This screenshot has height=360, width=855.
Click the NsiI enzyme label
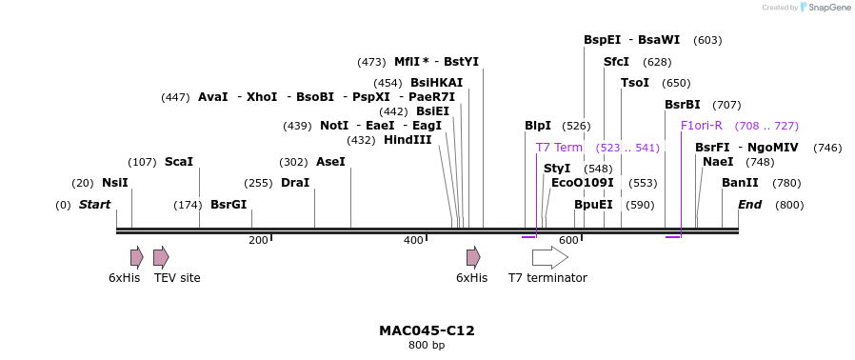pyautogui.click(x=114, y=183)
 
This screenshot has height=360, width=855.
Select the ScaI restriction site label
pyautogui.click(x=178, y=162)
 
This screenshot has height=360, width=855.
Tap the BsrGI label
pyautogui.click(x=229, y=205)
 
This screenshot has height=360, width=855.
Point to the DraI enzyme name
pyautogui.click(x=295, y=183)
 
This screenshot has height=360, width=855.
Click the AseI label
pyautogui.click(x=330, y=162)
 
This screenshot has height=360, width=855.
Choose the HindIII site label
pyautogui.click(x=408, y=140)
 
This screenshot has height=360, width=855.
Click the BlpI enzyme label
pyautogui.click(x=538, y=126)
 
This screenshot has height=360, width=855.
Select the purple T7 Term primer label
pyautogui.click(x=559, y=148)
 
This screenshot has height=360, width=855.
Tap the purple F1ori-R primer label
pyautogui.click(x=702, y=126)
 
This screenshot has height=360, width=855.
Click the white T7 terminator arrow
pyautogui.click(x=549, y=257)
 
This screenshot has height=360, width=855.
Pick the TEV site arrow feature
pyautogui.click(x=161, y=257)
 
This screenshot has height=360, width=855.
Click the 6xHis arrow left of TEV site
pyautogui.click(x=137, y=257)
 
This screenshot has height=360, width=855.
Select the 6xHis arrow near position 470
pyautogui.click(x=473, y=257)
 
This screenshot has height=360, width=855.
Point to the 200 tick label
pyautogui.click(x=258, y=241)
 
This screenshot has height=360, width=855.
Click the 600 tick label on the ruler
pyautogui.click(x=568, y=241)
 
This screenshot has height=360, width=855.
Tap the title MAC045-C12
pyautogui.click(x=427, y=330)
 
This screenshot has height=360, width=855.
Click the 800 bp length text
pyautogui.click(x=427, y=346)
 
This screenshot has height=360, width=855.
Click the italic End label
pyautogui.click(x=749, y=205)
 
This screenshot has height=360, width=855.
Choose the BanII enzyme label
pyautogui.click(x=740, y=183)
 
